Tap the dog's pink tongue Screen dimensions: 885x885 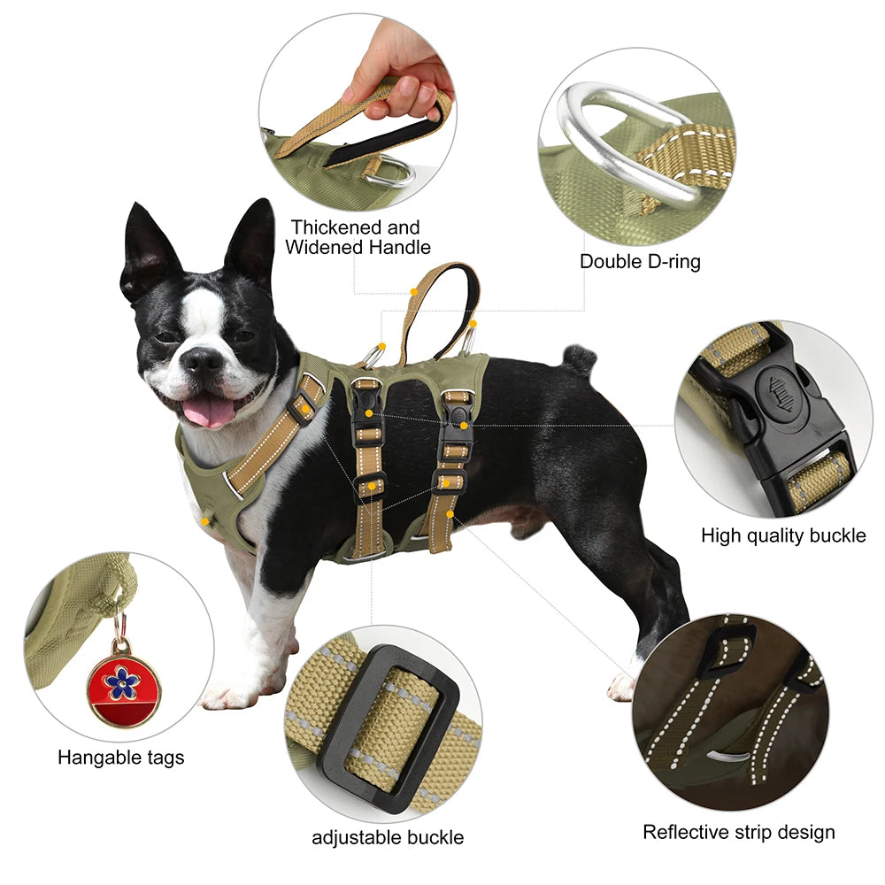click(x=209, y=411)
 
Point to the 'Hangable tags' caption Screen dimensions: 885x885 click(x=121, y=758)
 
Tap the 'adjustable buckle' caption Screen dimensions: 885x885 click(x=388, y=837)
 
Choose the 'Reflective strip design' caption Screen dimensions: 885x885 click(x=738, y=832)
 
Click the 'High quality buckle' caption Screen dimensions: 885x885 click(x=782, y=535)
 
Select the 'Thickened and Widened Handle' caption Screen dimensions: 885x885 click(x=358, y=237)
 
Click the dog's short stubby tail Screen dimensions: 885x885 click(x=581, y=358)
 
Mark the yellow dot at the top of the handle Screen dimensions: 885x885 click(x=413, y=289)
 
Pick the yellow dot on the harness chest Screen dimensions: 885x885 click(x=205, y=521)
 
